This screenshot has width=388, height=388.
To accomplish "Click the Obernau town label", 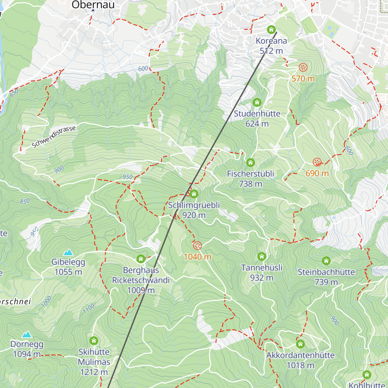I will click(93, 5).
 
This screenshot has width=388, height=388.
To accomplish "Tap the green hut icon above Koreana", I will click(271, 30).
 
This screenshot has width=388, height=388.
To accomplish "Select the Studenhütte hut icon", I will click(257, 102).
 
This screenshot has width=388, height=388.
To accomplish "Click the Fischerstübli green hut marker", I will click(251, 162).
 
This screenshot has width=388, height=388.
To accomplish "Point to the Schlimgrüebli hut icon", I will click(194, 194).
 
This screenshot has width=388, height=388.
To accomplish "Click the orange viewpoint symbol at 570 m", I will click(303, 68).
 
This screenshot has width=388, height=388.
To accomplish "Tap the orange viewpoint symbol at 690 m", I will click(317, 162).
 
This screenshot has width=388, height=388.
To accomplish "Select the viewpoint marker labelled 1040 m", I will click(197, 246).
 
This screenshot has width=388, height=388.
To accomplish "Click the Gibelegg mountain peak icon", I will click(68, 252).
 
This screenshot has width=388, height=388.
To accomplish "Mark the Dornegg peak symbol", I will click(27, 334).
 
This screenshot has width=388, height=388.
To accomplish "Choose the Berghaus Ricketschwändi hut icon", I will click(141, 259).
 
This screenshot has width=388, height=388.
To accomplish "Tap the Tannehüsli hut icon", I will click(262, 256).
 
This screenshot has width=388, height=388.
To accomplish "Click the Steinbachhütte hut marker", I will click(326, 261).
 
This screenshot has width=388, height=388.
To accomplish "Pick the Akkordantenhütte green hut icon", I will click(300, 344).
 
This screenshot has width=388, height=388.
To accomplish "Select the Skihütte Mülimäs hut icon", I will click(94, 340).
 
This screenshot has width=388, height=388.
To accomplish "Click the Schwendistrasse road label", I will click(54, 137).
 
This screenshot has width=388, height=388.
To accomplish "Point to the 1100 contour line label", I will click(89, 309).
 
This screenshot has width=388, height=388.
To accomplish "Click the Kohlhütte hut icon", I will click(367, 374).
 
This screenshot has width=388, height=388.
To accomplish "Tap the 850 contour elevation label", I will click(25, 201).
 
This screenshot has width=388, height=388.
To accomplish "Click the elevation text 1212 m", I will click(94, 372).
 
